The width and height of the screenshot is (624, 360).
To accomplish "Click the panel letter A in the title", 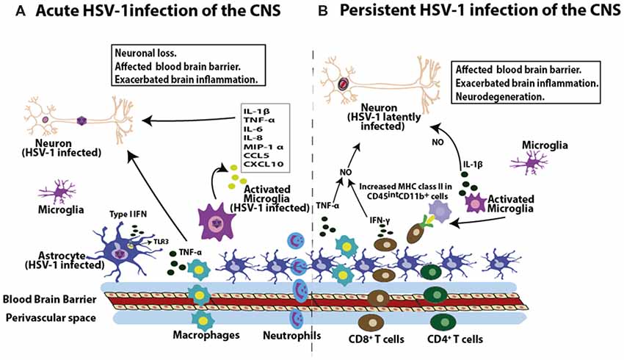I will click(x=12, y=11).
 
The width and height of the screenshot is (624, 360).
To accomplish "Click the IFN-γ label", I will click(x=379, y=220).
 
